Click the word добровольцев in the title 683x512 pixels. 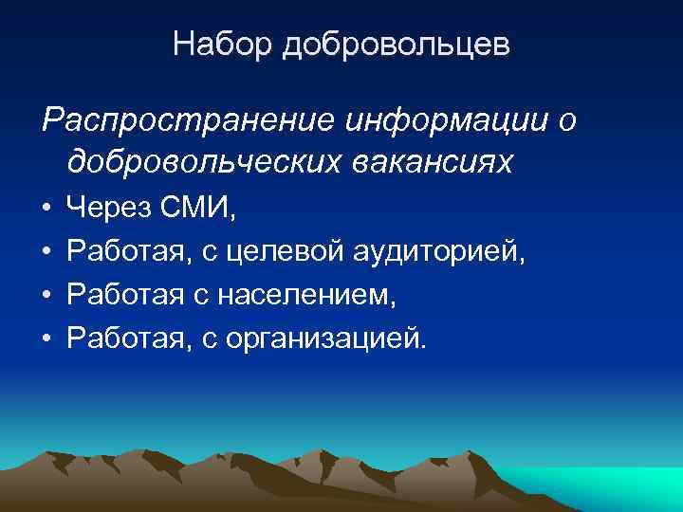coord(396,46)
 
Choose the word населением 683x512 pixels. coord(305,295)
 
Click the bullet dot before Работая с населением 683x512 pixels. coord(46,296)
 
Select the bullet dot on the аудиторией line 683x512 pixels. coord(46,251)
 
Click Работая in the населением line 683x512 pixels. coord(125,295)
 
